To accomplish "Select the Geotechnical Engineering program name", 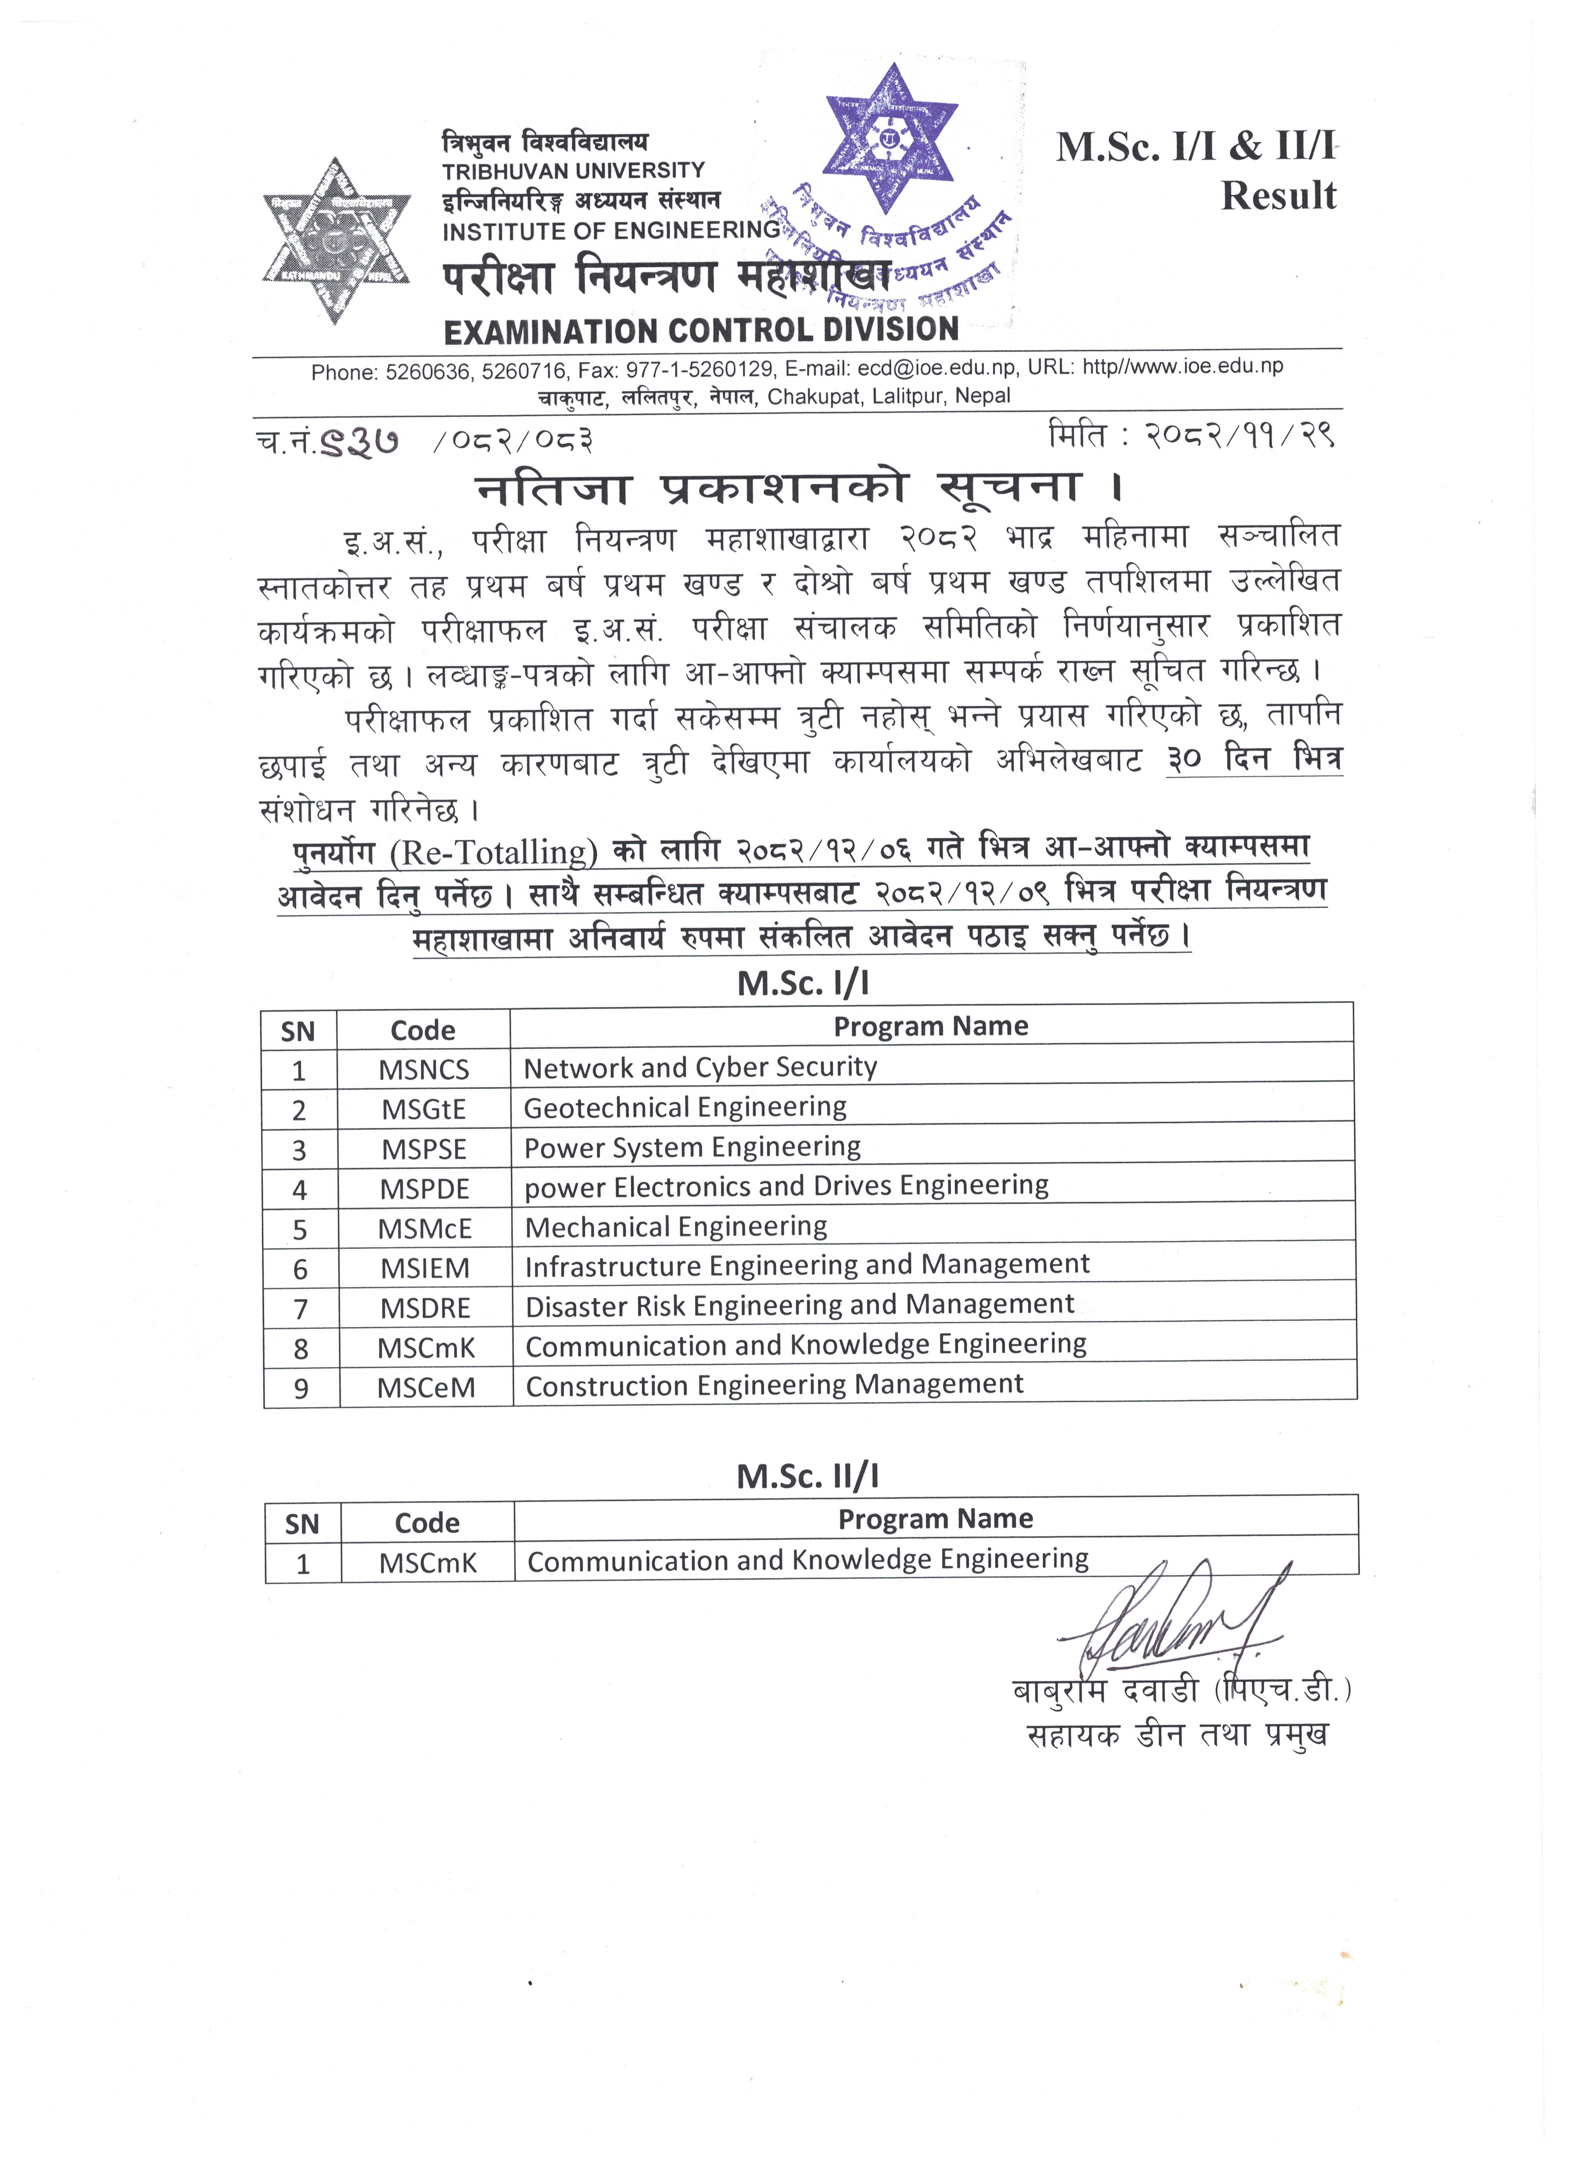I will [x=685, y=1107].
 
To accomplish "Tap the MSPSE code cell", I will [x=424, y=1149].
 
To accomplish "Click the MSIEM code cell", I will [x=425, y=1268].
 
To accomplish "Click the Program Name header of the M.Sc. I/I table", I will [x=931, y=1026].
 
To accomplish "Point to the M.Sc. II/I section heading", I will [x=807, y=1476].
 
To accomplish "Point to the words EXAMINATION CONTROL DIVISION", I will [x=701, y=331].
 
